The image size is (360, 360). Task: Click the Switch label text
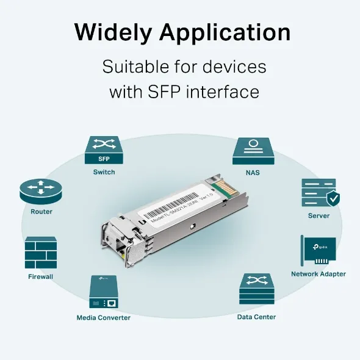[104, 172]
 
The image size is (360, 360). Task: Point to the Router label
[41, 212]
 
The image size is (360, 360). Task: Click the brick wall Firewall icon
[41, 253]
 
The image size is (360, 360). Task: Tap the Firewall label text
[41, 276]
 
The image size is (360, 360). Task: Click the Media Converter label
[103, 317]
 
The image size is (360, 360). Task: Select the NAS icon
[252, 151]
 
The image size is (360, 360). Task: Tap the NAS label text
[252, 173]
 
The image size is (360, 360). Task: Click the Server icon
[318, 192]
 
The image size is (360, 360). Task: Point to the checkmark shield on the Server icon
[333, 198]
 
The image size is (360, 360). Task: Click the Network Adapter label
[318, 274]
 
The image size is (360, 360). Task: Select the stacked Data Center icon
[256, 290]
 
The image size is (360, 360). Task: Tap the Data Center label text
[256, 317]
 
